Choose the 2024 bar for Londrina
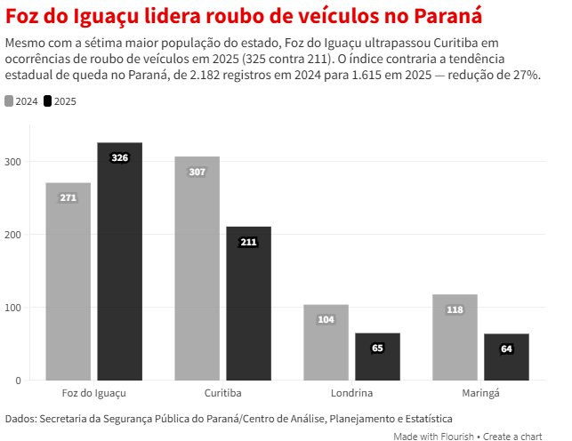pyautogui.click(x=326, y=342)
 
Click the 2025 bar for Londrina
pyautogui.click(x=377, y=357)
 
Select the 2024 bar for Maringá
pyautogui.click(x=455, y=337)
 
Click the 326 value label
pyautogui.click(x=120, y=157)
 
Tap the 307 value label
pyautogui.click(x=197, y=172)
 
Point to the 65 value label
pyautogui.click(x=377, y=348)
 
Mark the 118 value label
pyautogui.click(x=455, y=309)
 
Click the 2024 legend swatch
pyautogui.click(x=10, y=101)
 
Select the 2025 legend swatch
pyautogui.click(x=48, y=101)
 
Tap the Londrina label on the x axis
pyautogui.click(x=351, y=392)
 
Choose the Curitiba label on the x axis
pyautogui.click(x=223, y=392)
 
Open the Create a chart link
pyautogui.click(x=512, y=436)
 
